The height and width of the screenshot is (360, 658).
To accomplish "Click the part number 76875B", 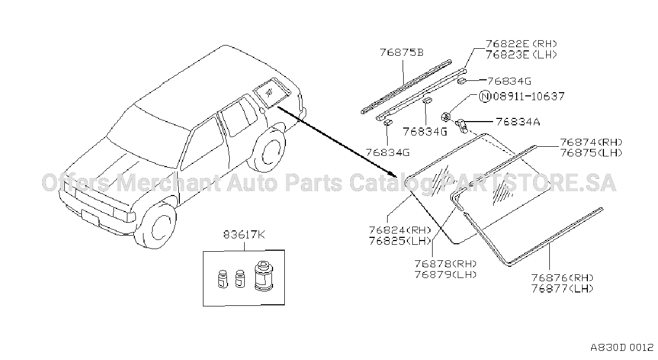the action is point(402,52).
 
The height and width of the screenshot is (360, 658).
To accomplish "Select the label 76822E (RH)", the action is point(521,44).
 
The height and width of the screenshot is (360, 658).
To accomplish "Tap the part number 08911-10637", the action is point(529,96).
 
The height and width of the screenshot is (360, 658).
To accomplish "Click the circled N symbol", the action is point(485,96).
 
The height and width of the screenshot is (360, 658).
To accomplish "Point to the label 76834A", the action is point(518,122).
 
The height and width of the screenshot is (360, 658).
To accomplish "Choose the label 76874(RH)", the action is point(591,142).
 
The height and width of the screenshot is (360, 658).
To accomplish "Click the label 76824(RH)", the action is point(400,230).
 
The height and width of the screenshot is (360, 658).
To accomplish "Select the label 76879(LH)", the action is point(445,274).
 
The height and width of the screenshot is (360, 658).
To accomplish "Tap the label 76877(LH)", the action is point(562,289).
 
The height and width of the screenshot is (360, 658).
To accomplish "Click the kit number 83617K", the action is point(244,235).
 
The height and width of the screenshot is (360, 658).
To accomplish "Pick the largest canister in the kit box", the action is point(264,276).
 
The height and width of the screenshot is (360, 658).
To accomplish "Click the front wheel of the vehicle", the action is point(156,225).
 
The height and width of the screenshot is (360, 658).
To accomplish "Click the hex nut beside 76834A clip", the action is point(445,117).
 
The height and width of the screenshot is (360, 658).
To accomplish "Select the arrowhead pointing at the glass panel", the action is point(392,174).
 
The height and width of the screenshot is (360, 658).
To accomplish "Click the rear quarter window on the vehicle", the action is point(271,92).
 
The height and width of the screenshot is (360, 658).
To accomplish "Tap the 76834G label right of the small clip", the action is point(509,81).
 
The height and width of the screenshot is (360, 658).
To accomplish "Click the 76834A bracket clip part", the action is point(462,126).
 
